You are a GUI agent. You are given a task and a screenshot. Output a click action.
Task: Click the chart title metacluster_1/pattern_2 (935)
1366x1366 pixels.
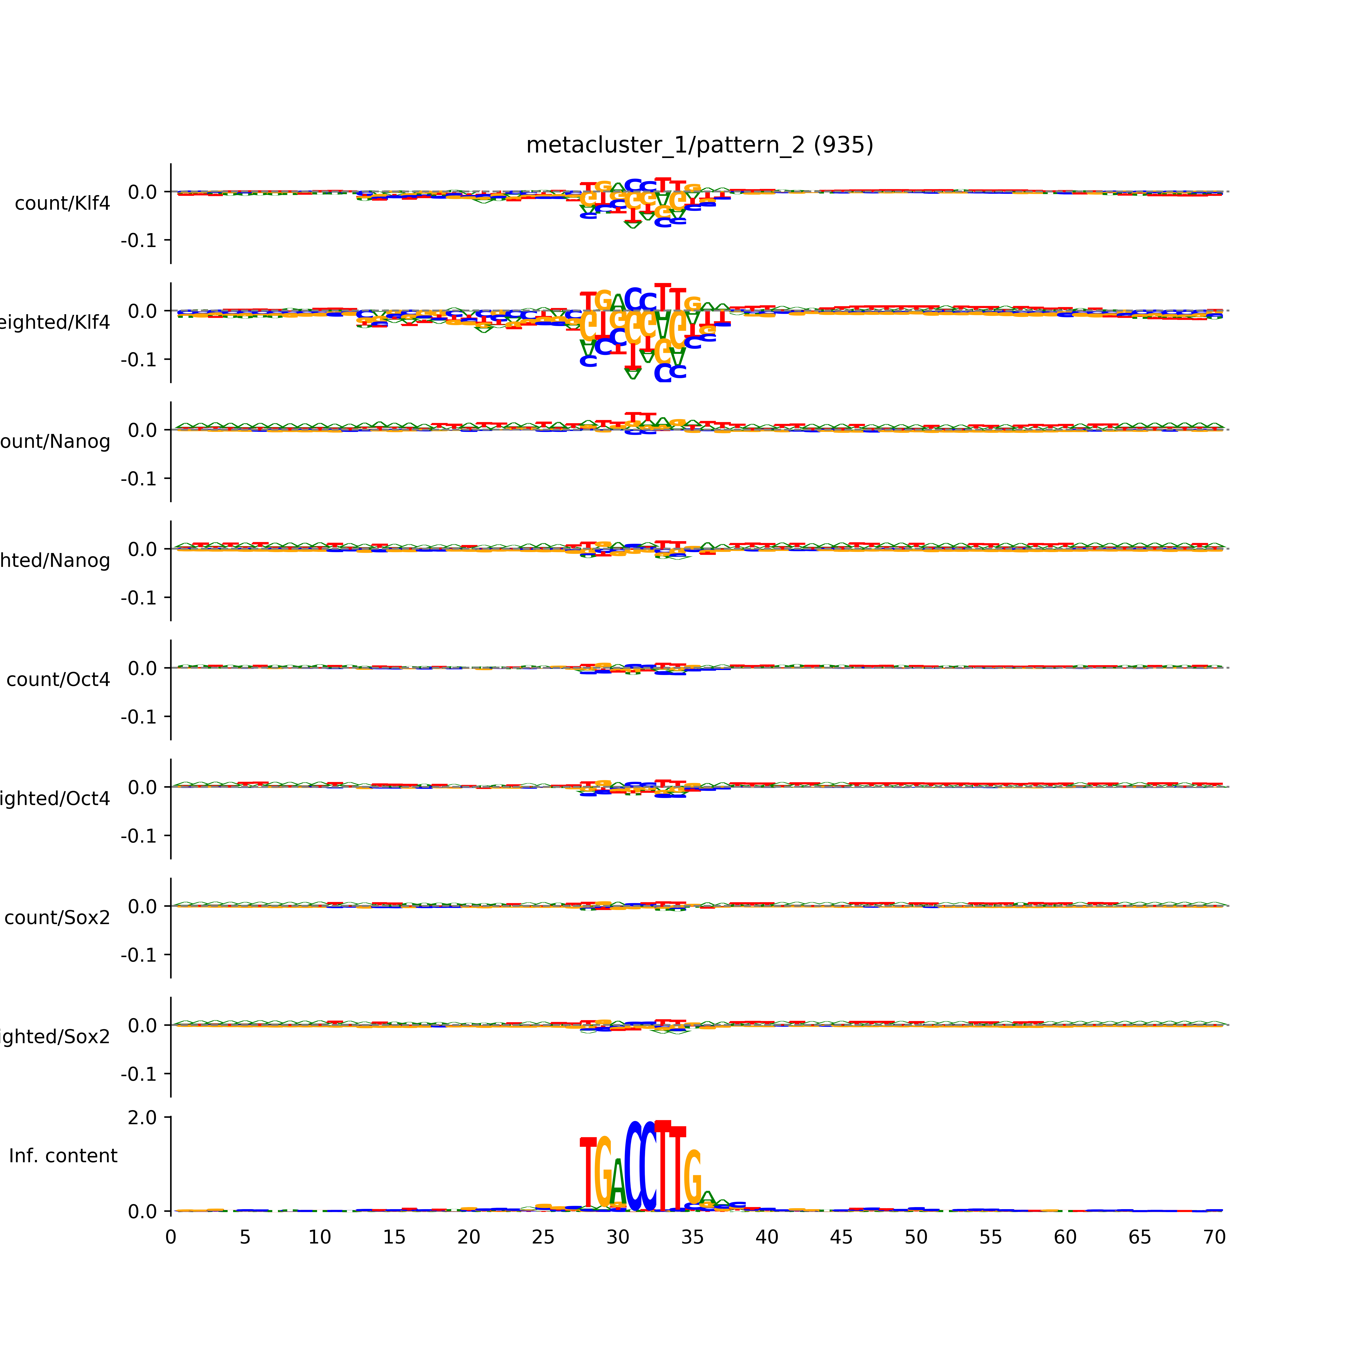pos(699,145)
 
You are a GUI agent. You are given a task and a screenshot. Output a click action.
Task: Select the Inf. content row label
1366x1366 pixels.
pos(63,1156)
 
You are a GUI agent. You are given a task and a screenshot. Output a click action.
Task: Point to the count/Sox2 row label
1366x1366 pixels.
pos(57,918)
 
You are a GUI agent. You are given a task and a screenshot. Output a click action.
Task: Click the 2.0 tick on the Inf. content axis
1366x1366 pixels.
pos(142,1118)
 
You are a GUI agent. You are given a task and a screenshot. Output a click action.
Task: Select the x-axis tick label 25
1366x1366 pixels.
pos(543,1237)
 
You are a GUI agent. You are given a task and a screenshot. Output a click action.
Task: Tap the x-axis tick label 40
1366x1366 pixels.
pos(766,1237)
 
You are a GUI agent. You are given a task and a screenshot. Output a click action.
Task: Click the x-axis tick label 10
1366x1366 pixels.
pos(320,1237)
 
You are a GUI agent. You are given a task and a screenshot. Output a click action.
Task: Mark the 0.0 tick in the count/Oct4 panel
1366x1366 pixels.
pos(142,668)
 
